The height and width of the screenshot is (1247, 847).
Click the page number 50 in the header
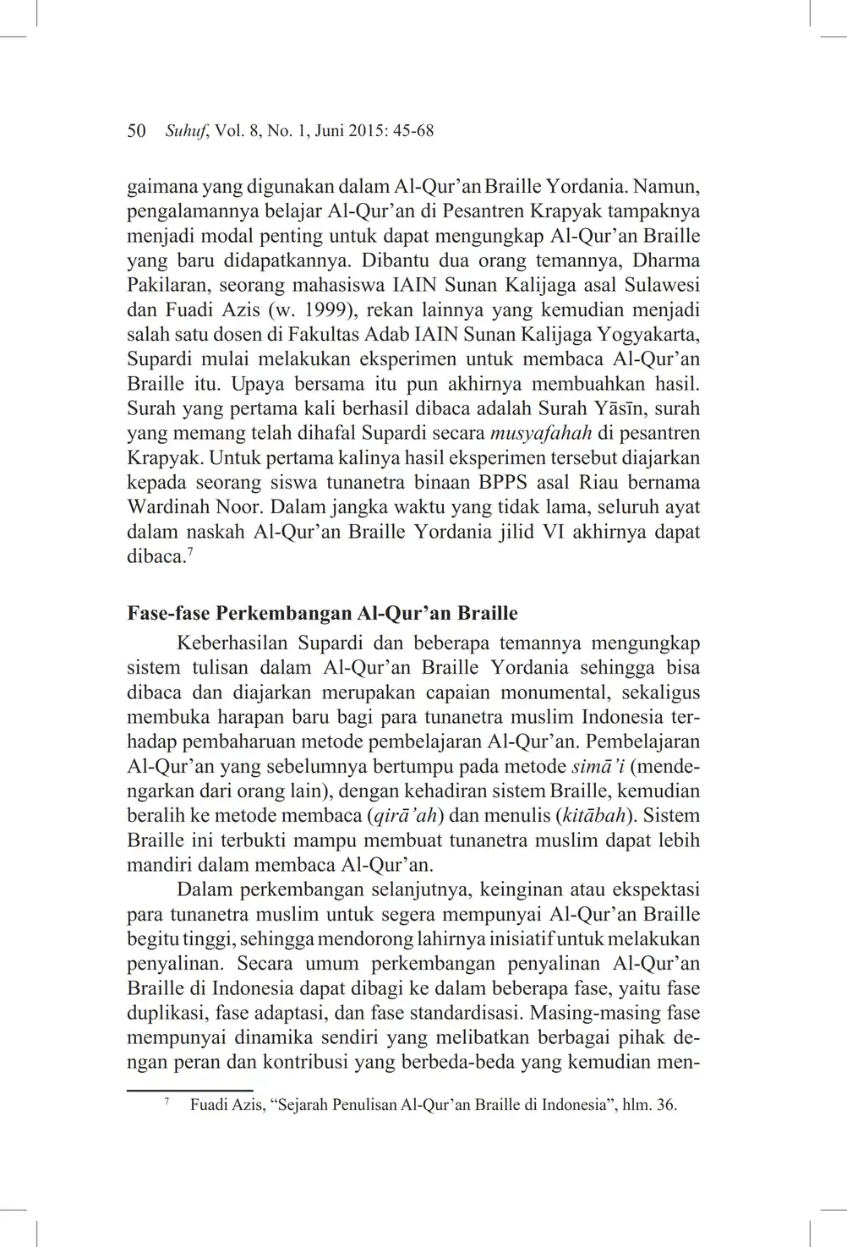coord(136,131)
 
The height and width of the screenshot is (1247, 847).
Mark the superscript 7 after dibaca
coord(189,552)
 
